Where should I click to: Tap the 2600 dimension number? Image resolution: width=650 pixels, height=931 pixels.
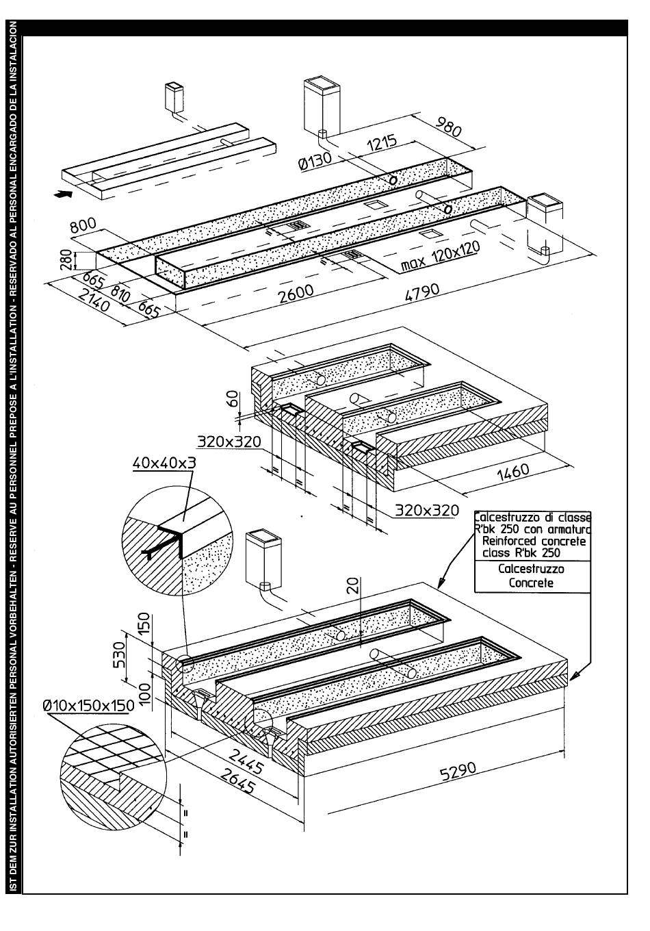click(296, 291)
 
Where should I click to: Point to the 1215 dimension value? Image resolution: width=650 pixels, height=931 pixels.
click(382, 146)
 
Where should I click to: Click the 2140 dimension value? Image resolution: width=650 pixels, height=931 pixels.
click(94, 301)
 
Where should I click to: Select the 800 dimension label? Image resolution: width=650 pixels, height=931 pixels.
click(84, 227)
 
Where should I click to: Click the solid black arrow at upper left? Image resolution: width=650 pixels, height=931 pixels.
click(62, 194)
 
